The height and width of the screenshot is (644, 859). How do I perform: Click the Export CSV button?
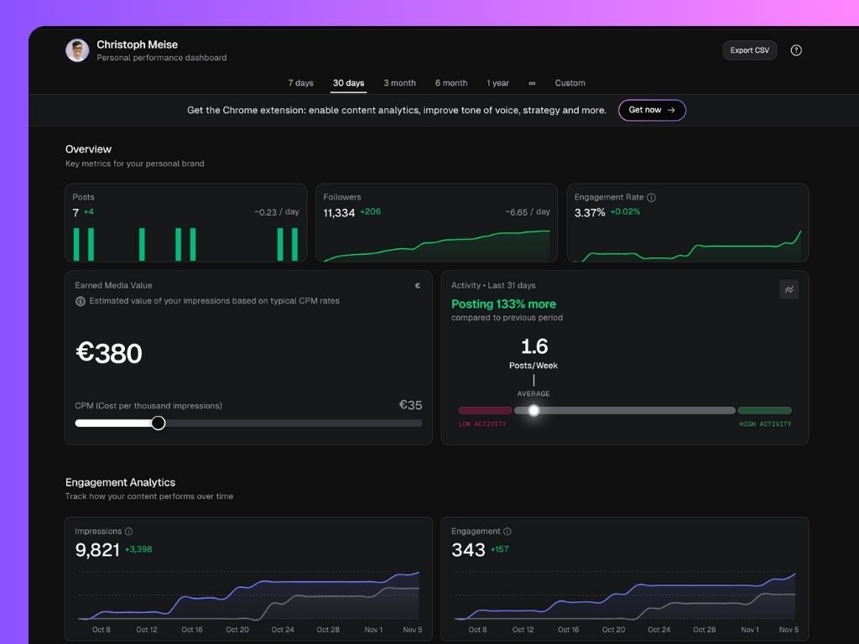point(749,50)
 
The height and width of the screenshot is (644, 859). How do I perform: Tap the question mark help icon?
point(796,50)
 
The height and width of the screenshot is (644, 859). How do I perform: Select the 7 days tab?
point(300,83)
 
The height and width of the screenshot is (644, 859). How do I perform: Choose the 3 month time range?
point(399,83)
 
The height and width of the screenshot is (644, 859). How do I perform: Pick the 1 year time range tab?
point(497,83)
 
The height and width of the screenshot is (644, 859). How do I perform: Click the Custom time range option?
point(570,83)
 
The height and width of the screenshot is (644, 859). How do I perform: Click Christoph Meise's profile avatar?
point(77,50)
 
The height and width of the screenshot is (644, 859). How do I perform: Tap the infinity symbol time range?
point(532,83)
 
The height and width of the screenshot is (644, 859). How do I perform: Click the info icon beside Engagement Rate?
point(652,198)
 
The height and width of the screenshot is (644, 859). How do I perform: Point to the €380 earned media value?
point(109,353)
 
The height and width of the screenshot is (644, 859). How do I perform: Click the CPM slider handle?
point(158,423)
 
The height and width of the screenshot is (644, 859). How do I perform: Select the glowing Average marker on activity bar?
point(534,410)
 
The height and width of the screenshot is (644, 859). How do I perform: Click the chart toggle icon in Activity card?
point(789,289)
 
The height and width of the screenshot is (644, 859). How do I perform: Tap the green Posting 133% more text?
point(503,304)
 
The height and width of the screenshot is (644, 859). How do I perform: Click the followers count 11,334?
point(339,213)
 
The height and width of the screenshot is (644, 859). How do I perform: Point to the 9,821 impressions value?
point(97,550)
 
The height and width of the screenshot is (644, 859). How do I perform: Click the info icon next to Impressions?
point(128,532)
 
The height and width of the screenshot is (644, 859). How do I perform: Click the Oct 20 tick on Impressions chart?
point(237,630)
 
